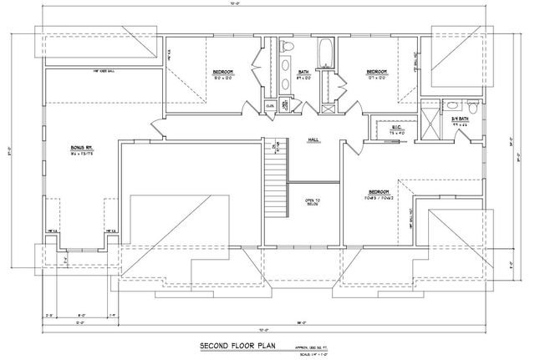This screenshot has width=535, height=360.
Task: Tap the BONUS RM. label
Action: point(80,149)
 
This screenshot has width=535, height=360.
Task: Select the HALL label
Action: point(314,139)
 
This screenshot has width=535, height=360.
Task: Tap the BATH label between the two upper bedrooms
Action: point(304,73)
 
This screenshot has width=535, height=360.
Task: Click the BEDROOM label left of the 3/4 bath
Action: point(375,73)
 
